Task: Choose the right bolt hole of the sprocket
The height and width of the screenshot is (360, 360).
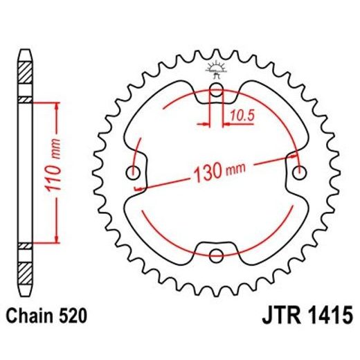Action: click(x=299, y=171)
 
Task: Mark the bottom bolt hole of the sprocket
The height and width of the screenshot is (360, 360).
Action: click(x=216, y=253)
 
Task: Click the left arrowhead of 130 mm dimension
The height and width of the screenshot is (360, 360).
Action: click(x=138, y=187)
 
